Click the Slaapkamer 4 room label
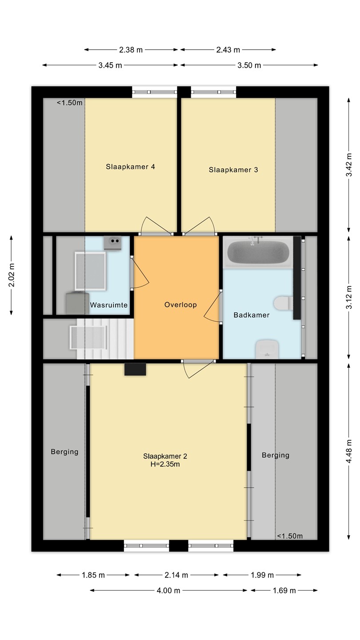click(130, 167)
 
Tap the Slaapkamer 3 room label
click(233, 170)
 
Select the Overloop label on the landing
click(180, 304)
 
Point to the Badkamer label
click(252, 315)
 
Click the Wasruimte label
click(109, 305)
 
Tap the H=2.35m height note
click(165, 464)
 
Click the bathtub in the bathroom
click(258, 252)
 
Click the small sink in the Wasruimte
click(112, 243)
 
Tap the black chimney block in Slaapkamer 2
click(135, 369)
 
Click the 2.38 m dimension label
click(131, 50)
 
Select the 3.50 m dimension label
click(249, 65)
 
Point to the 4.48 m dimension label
click(349, 451)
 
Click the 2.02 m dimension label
click(12, 275)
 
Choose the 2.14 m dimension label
click(176, 575)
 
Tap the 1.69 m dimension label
click(284, 590)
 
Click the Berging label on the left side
click(64, 452)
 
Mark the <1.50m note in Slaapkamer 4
click(69, 103)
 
